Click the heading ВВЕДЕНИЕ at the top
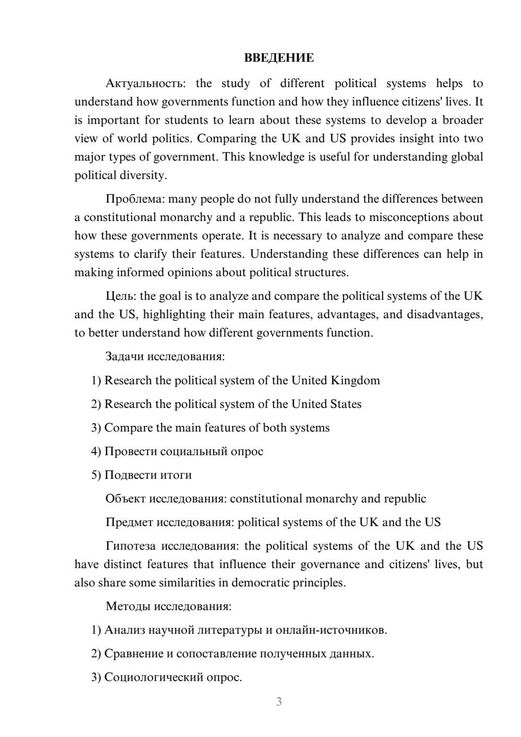pos(279,58)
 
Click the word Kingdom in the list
pos(355,380)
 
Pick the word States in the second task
pos(345,404)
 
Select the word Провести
pos(130,451)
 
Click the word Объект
pos(126,499)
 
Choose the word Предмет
pos(129,522)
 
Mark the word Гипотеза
pos(130,546)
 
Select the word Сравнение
pos(133,654)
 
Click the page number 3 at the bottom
pos(279,702)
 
